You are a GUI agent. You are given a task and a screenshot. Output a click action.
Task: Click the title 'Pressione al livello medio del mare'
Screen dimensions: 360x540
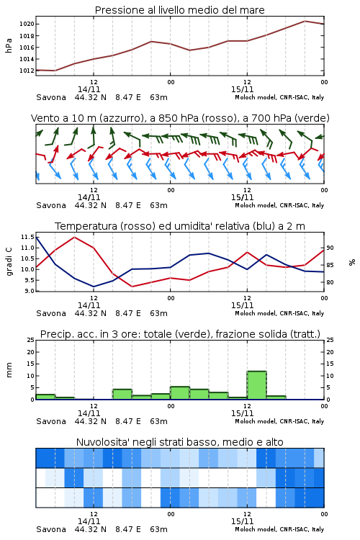[179, 10]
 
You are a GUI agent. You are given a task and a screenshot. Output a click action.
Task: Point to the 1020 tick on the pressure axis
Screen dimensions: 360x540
[27, 24]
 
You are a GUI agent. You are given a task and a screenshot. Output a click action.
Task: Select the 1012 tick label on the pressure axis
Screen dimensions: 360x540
[27, 71]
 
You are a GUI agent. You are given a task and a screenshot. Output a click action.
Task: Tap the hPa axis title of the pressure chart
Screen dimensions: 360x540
[9, 45]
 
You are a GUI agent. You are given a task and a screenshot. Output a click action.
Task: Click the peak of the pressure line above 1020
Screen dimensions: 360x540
[305, 21]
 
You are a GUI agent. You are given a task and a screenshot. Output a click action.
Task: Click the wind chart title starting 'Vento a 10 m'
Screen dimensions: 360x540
[180, 118]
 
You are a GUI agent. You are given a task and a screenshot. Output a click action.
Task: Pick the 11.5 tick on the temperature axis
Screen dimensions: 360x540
[27, 237]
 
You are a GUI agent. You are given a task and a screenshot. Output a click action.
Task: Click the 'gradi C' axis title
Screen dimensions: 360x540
[9, 261]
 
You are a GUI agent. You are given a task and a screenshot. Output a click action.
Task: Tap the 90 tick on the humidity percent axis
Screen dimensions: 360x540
[330, 248]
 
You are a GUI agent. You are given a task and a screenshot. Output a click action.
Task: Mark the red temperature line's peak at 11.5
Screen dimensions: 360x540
[74, 237]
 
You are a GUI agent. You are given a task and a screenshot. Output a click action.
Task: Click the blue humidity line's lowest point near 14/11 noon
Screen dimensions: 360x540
[94, 287]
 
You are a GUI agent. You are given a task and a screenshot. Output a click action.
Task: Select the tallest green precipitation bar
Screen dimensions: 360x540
[256, 385]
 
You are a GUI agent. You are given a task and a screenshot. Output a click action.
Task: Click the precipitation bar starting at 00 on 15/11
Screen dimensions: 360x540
[180, 393]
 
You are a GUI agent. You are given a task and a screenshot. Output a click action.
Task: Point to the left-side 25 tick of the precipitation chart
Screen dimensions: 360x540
[31, 340]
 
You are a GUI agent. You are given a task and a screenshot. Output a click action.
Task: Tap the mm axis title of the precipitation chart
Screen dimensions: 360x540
[9, 370]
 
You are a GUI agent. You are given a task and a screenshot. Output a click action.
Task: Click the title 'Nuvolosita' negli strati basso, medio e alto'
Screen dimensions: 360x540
[179, 442]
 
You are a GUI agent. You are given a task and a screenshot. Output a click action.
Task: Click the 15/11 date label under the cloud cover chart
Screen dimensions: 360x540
[242, 521]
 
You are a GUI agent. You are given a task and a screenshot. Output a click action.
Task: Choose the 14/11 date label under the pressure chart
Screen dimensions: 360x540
[89, 89]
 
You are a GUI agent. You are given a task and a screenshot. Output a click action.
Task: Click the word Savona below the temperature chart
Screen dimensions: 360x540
[51, 313]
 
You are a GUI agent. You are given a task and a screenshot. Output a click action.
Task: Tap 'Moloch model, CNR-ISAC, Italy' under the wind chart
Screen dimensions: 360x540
[279, 205]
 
